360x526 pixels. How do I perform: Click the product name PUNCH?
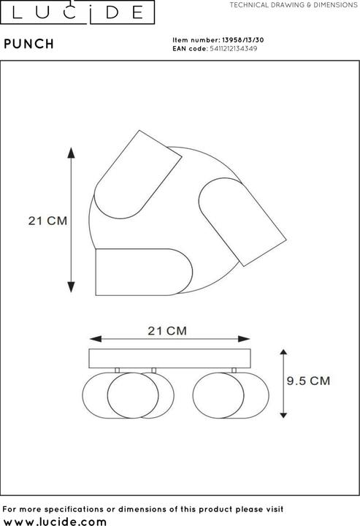tap(28, 44)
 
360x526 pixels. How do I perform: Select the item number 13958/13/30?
tap(241, 40)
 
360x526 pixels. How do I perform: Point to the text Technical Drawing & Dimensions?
tap(293, 4)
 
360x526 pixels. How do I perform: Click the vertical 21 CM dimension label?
tap(47, 221)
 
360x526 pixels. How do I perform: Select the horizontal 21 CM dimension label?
tap(167, 330)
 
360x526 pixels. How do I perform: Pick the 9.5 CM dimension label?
tap(307, 381)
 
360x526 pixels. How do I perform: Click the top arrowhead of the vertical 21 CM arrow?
tap(72, 152)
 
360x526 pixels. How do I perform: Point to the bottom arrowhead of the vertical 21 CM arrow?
tap(72, 287)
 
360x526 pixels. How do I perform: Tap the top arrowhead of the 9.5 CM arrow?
tap(284, 352)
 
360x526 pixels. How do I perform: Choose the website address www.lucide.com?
tap(55, 520)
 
